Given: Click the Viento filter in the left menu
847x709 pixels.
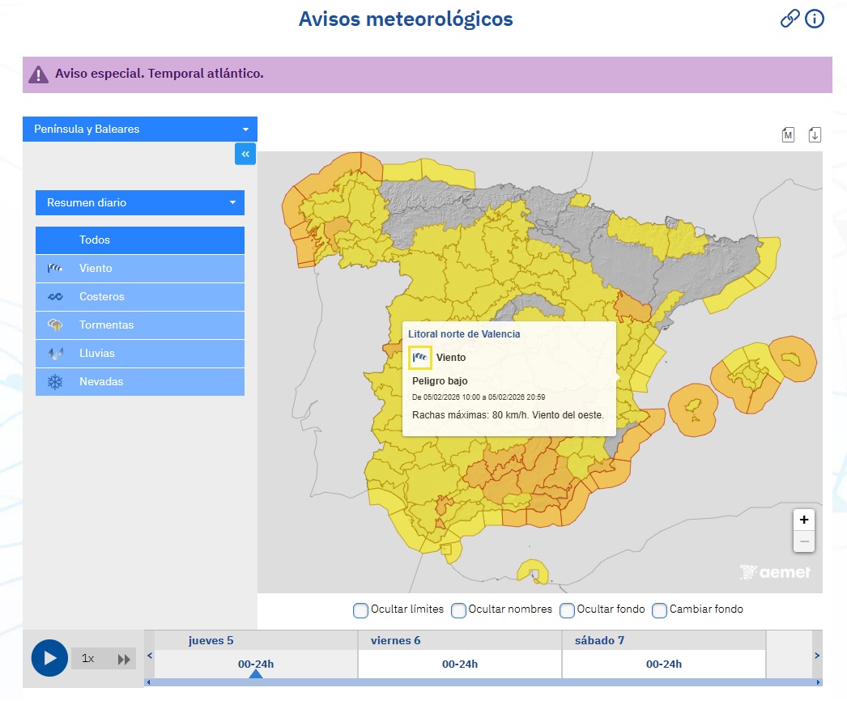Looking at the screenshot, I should [139, 268].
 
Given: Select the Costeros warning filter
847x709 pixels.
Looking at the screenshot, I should [139, 296].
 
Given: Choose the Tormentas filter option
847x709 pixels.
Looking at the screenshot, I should [139, 325].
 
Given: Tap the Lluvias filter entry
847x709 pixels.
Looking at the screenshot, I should [139, 353].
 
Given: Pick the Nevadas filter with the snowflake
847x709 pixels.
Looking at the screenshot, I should [139, 381].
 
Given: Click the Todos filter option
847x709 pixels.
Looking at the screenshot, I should [139, 240].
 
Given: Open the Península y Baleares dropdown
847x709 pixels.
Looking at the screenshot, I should [139, 129].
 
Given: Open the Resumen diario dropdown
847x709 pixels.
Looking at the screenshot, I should [139, 202].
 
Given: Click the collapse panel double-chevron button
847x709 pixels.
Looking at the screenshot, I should [245, 154].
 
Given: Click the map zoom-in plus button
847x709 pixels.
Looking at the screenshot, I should [803, 520].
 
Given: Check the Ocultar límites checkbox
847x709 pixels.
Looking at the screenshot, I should [360, 609].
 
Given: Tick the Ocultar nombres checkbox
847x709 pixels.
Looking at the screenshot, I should [458, 609].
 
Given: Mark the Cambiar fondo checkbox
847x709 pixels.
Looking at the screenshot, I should [659, 609].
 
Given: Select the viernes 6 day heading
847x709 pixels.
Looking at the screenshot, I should [396, 640].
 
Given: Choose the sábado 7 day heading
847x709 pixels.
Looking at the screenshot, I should [599, 640].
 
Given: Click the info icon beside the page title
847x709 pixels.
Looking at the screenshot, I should [814, 19].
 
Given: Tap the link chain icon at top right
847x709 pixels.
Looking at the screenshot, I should [790, 19].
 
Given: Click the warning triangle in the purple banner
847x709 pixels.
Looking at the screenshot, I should [38, 74].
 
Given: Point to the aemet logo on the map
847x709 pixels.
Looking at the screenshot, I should [775, 571].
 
